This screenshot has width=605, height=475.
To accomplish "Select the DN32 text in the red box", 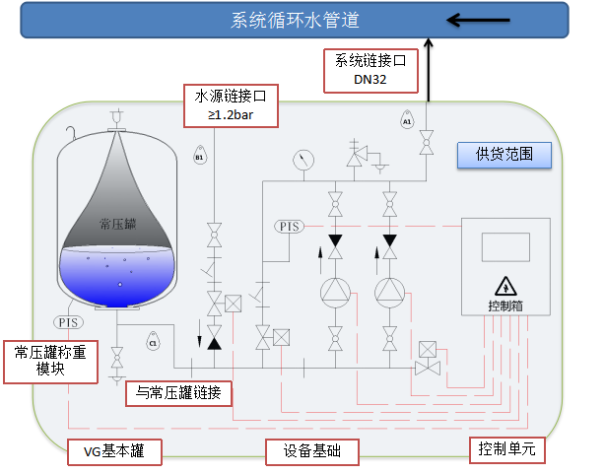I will (x=372, y=79).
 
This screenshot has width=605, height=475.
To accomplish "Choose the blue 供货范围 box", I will (x=503, y=154).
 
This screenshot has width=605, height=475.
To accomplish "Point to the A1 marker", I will (x=407, y=121).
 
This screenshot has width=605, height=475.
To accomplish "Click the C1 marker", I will (x=153, y=343).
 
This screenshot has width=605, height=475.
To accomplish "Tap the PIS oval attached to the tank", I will (x=68, y=321).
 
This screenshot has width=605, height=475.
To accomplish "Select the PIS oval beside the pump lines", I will (x=290, y=227).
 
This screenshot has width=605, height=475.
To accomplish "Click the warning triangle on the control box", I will (x=504, y=286).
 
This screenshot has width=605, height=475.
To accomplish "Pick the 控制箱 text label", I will (x=504, y=305).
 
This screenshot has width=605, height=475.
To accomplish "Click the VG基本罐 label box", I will (x=113, y=452).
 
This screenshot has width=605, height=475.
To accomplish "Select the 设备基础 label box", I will (x=311, y=452).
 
